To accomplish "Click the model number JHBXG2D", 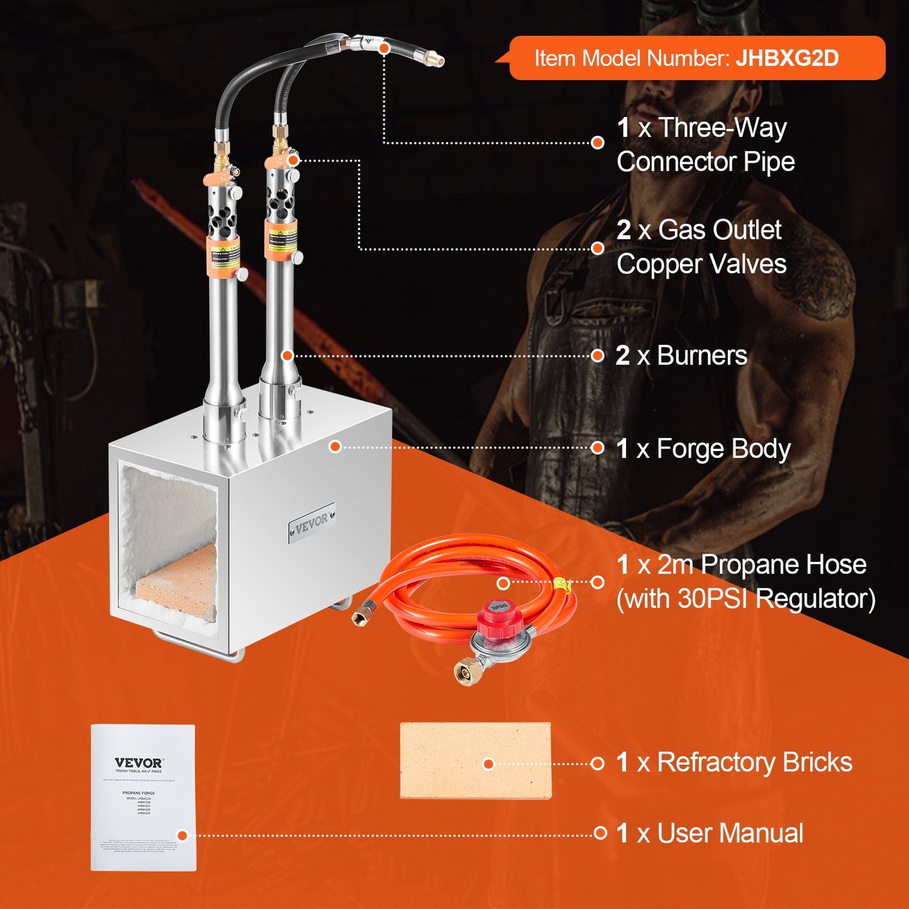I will tap(786, 59).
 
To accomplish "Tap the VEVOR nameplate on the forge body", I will tap(311, 522).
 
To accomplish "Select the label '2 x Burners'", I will tap(682, 356).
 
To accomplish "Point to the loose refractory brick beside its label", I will tap(476, 761).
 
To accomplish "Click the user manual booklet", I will tap(143, 798).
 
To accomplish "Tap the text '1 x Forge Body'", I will tap(703, 449).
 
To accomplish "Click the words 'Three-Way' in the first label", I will tap(722, 128).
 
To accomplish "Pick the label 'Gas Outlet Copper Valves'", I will tap(701, 247).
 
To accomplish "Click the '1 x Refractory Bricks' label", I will tap(734, 762).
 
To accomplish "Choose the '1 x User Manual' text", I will tap(710, 834).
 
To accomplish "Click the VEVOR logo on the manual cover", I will tap(138, 763).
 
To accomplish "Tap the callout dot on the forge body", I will tap(335, 447).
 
